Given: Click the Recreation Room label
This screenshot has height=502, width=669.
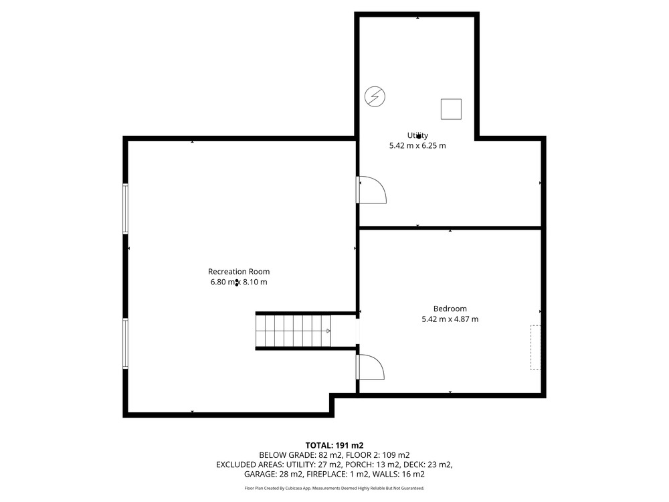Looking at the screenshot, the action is [x=239, y=272].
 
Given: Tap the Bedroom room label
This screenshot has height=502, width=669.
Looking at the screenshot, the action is [x=450, y=309].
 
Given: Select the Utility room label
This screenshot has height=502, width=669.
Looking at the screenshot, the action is [x=417, y=136].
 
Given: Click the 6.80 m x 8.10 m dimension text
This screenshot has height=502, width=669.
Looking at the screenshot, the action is [x=239, y=282].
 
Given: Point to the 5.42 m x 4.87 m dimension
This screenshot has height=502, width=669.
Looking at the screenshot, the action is [x=450, y=319].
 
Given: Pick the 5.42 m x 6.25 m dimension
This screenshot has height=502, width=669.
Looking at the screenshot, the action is [x=417, y=145].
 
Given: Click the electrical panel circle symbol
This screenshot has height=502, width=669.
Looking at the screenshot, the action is [x=375, y=96].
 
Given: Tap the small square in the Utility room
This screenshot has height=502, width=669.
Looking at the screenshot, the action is [x=451, y=109].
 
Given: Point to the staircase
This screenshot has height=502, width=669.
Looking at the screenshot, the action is [x=294, y=331].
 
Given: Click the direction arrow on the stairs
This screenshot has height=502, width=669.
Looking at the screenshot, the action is [x=328, y=331].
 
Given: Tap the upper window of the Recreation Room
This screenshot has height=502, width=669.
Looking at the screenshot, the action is [x=126, y=208].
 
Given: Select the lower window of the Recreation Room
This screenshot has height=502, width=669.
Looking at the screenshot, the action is [x=126, y=343].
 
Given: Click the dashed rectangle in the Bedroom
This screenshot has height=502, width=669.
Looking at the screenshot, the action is [x=535, y=347].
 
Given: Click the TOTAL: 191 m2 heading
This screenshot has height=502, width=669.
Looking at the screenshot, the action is [x=334, y=446].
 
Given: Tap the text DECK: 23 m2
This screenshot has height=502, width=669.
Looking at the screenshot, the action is [x=428, y=465].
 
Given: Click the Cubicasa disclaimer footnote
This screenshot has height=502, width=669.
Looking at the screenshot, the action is [x=334, y=489].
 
